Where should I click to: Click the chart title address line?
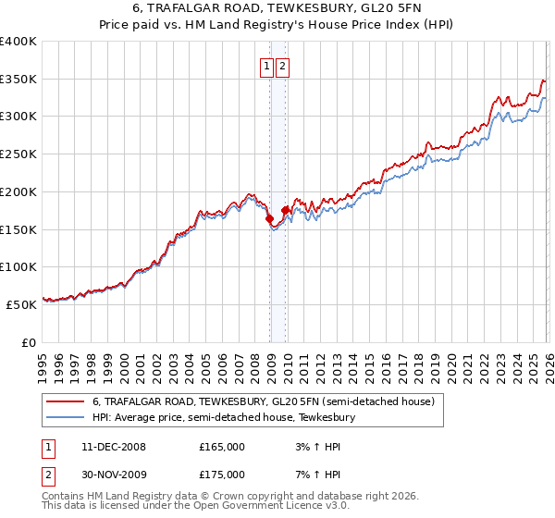point(277,8)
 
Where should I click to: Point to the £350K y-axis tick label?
point(18,80)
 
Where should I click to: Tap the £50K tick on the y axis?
point(22,303)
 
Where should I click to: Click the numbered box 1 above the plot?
point(266,66)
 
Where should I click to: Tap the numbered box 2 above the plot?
point(281,66)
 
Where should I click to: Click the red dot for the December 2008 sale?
point(269,219)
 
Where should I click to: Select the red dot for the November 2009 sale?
point(285,211)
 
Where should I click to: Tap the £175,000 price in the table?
point(222,475)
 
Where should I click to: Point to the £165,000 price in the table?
point(222,447)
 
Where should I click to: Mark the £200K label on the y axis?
point(18,191)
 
